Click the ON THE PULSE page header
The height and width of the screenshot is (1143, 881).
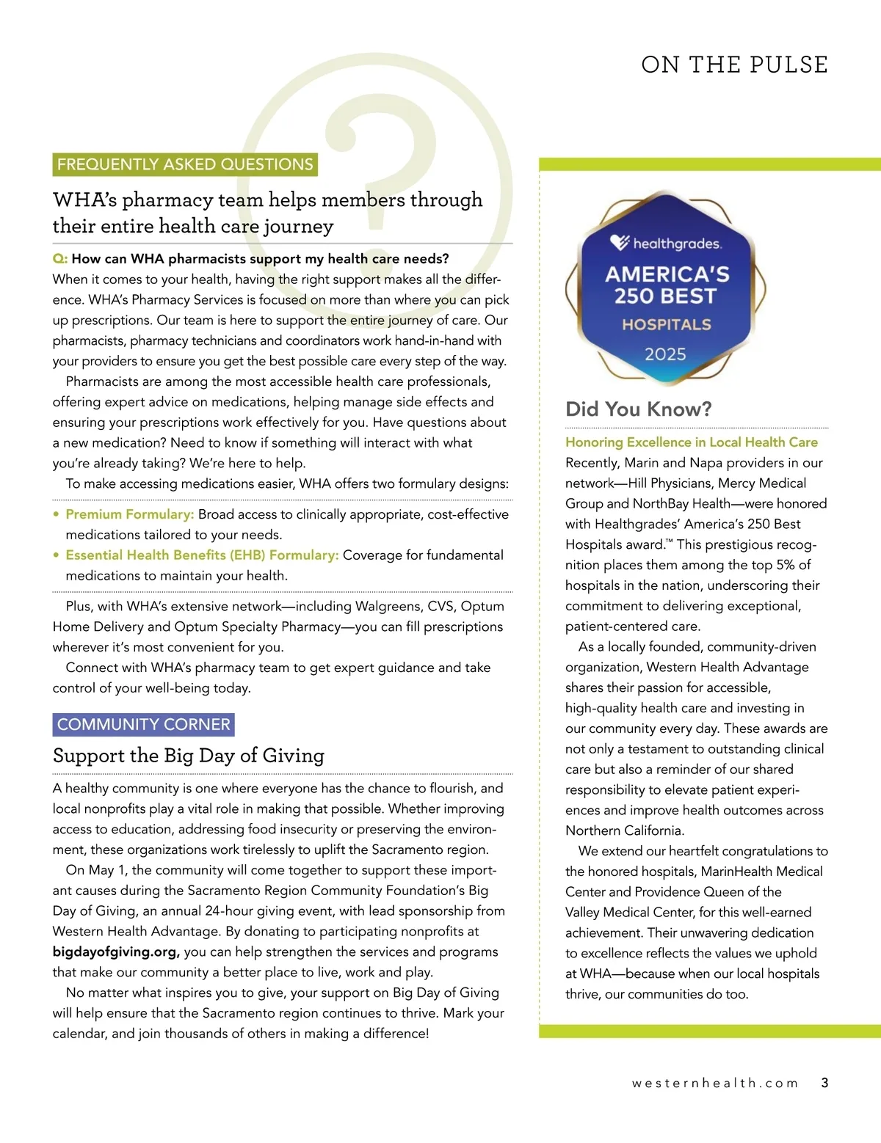click(x=734, y=65)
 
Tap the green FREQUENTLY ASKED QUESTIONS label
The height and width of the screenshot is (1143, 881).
click(x=185, y=164)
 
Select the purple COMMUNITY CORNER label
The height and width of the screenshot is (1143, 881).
click(x=144, y=724)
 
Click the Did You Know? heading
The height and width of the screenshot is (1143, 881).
click(x=638, y=409)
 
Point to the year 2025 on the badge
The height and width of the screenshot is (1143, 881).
click(x=665, y=354)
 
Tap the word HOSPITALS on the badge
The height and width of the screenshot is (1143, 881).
click(x=667, y=324)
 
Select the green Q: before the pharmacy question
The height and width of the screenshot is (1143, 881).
click(x=60, y=259)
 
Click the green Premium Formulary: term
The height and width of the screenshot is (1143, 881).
click(x=130, y=514)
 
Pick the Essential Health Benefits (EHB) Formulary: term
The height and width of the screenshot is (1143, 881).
click(x=202, y=555)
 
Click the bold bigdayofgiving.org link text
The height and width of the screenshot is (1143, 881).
click(x=116, y=952)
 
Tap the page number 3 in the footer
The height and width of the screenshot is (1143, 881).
click(x=824, y=1083)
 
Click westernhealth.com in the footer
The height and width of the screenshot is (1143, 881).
click(x=715, y=1084)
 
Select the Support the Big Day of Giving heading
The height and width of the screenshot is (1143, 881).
click(x=188, y=756)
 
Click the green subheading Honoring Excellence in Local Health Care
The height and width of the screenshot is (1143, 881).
click(x=691, y=442)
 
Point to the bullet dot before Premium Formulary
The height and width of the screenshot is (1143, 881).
click(x=57, y=514)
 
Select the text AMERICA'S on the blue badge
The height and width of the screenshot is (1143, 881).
click(x=667, y=274)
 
